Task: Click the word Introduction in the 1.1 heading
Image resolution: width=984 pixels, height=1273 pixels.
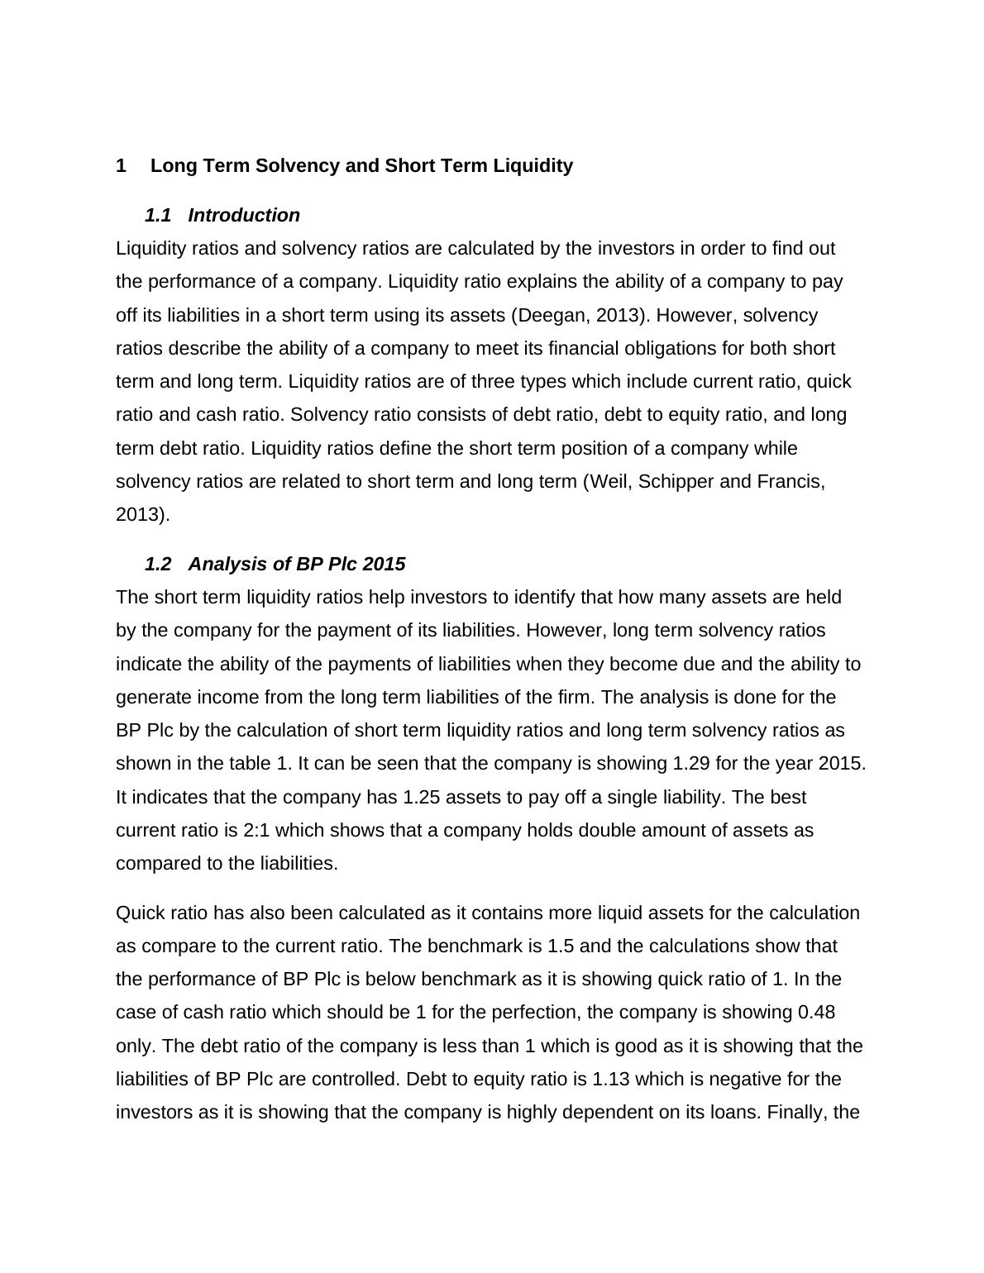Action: pos(244,216)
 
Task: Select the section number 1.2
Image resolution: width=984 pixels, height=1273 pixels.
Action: pos(158,565)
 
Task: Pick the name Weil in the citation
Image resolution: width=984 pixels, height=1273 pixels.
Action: pos(609,482)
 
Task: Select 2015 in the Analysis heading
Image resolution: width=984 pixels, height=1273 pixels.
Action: pos(384,565)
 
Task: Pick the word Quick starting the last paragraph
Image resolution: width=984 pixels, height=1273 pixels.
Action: pos(139,913)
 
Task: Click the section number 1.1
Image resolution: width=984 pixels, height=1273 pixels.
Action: pos(158,216)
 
